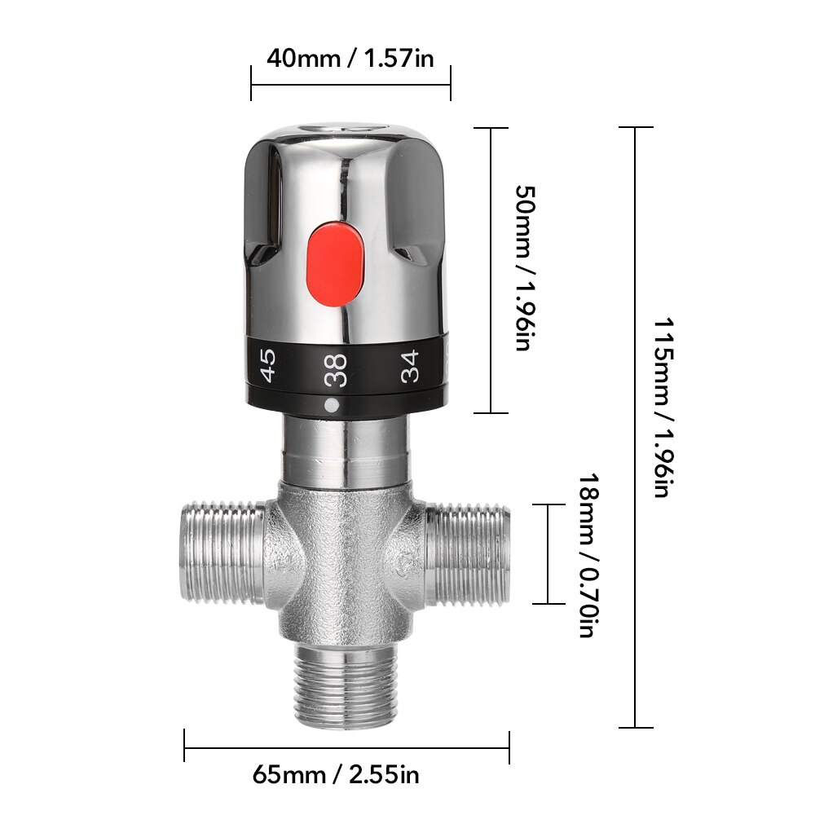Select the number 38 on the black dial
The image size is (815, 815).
pos(335,369)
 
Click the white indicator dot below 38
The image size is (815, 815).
pos(330,405)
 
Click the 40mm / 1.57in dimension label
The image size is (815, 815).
pos(350,59)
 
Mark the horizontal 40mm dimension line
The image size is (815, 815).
pos(350,82)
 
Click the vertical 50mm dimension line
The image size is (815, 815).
pos(491,270)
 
